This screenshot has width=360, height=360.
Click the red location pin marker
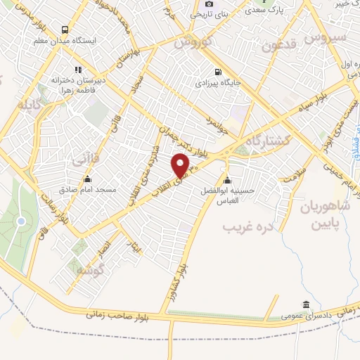pos(181,165)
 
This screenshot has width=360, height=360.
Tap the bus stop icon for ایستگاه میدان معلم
pos(65,30)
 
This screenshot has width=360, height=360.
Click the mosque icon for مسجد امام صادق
pos(87,179)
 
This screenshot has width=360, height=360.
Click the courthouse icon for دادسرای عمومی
pos(306,304)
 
